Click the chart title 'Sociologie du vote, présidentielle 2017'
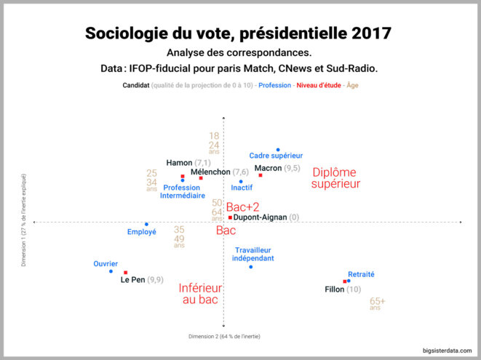[x=239, y=33]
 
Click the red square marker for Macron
[x=260, y=175]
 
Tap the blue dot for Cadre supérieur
[x=277, y=149]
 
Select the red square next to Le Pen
[x=126, y=273]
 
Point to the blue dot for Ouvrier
[x=111, y=271]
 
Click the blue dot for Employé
[x=146, y=224]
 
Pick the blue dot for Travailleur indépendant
[x=251, y=267]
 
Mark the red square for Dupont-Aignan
[x=230, y=217]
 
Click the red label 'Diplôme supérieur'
[x=335, y=178]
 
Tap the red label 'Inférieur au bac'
[x=200, y=293]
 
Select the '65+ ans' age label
[x=377, y=303]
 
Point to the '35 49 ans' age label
[x=179, y=236]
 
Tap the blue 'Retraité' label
[x=361, y=274]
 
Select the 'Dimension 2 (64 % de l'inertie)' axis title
[x=223, y=337]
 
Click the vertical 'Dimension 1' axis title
[x=23, y=220]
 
